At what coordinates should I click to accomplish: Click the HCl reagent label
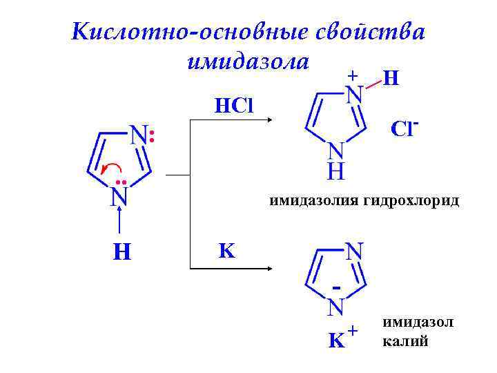(234, 106)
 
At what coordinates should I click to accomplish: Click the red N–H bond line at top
(373, 84)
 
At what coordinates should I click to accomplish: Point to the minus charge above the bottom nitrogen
(336, 285)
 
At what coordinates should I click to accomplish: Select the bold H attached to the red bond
(391, 79)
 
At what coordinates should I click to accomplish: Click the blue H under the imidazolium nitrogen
(335, 170)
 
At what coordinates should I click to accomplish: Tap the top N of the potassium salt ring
(355, 251)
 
